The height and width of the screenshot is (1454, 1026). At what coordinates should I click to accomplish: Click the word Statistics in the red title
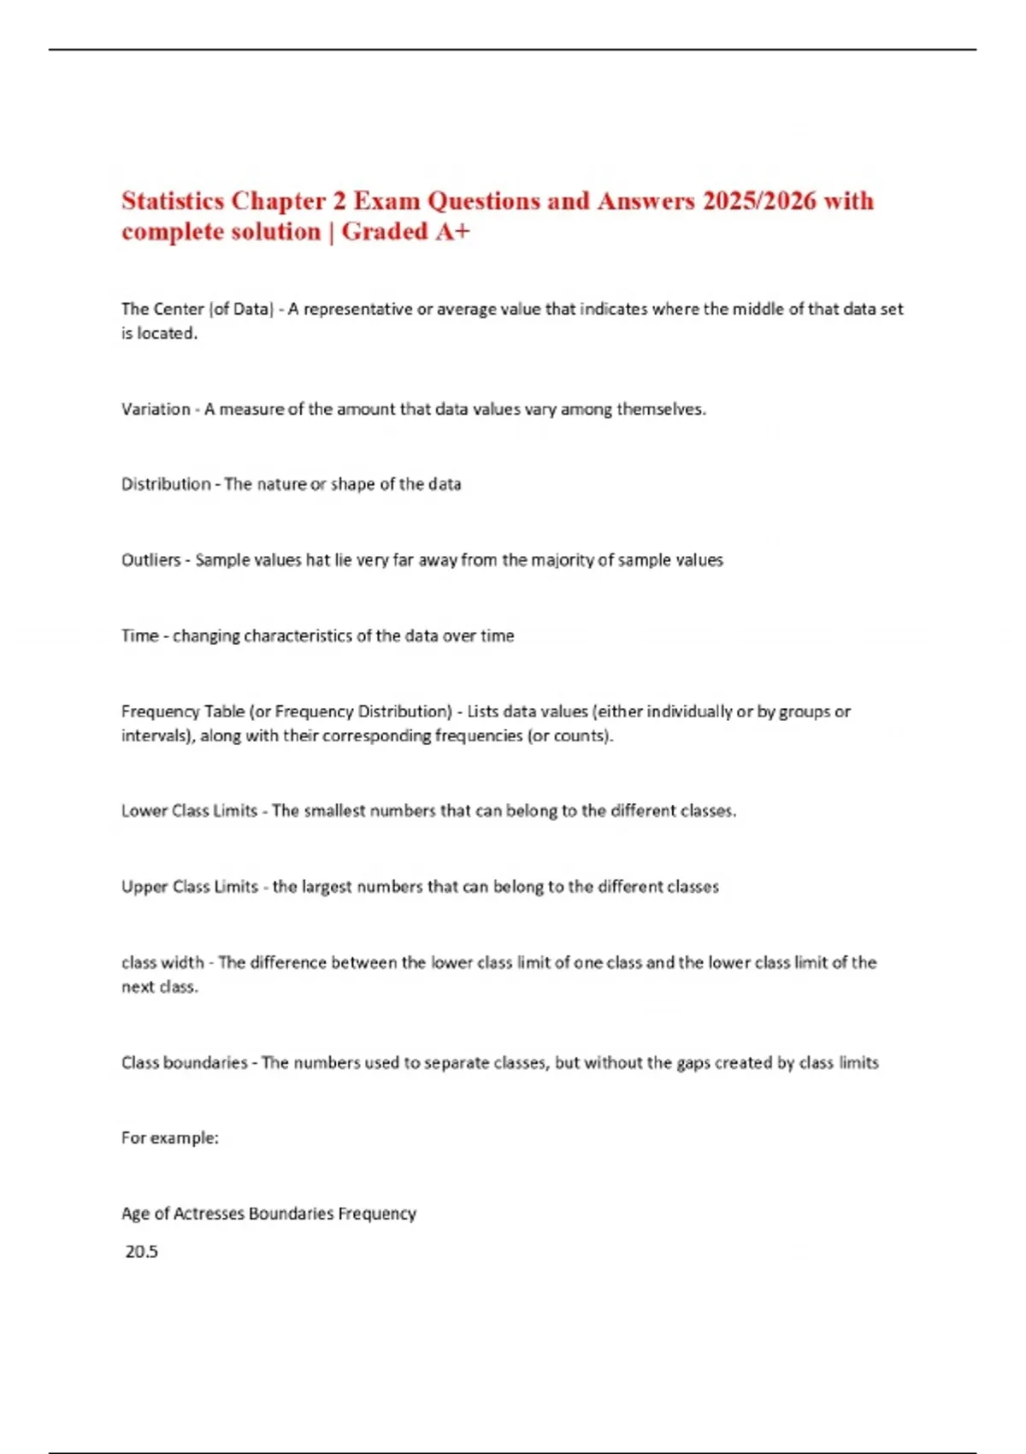(174, 201)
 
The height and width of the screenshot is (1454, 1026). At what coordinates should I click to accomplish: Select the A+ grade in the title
(451, 232)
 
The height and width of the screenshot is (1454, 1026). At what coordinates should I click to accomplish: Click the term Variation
(156, 409)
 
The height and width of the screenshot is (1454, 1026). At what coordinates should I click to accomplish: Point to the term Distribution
(166, 484)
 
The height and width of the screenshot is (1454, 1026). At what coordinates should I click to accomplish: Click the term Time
(139, 635)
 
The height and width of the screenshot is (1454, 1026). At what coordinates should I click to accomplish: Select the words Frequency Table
(183, 712)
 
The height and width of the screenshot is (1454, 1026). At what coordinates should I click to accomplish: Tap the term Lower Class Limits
(189, 811)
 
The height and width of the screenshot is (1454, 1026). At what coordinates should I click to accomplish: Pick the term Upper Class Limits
(189, 887)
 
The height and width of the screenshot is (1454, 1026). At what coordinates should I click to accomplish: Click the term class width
(162, 962)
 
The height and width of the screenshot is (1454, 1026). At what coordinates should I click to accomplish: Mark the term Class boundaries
(184, 1062)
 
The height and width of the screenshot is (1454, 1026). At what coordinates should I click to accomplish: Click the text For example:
(169, 1138)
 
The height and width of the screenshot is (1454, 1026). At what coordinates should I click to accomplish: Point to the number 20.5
(142, 1252)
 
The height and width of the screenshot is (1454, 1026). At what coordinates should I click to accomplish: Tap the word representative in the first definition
(357, 309)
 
